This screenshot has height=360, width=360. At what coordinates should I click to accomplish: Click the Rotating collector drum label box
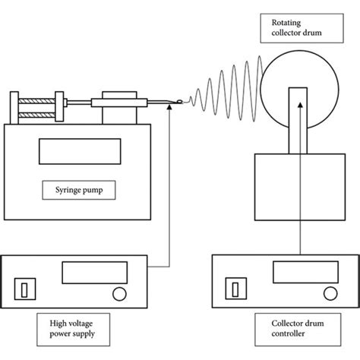(302, 30)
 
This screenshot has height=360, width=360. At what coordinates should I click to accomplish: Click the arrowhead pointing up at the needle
(169, 109)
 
